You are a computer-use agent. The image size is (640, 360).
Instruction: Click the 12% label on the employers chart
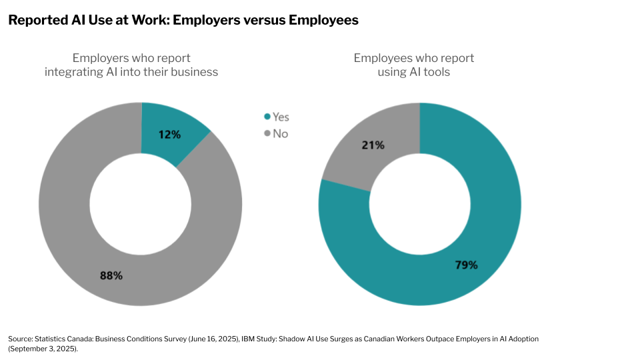[x=169, y=134]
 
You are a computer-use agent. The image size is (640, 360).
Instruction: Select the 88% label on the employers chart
[x=111, y=275]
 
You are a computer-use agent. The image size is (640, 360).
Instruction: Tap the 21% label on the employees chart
[x=373, y=145]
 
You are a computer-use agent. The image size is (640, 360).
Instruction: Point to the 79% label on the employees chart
[x=466, y=265]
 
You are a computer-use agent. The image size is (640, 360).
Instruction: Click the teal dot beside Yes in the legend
[x=267, y=117]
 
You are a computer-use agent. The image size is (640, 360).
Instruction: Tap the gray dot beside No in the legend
[x=267, y=133]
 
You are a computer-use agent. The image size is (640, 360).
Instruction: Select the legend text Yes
[x=281, y=117]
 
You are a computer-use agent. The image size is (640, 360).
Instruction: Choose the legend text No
[x=280, y=133]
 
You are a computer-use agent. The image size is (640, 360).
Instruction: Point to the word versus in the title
[x=265, y=20]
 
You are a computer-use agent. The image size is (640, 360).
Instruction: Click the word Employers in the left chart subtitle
[x=101, y=58]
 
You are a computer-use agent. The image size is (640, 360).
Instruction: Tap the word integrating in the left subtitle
[x=73, y=71]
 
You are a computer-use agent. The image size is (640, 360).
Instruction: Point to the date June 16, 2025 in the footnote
[x=217, y=339]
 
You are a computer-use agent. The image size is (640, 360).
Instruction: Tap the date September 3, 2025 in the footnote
[x=43, y=349]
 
